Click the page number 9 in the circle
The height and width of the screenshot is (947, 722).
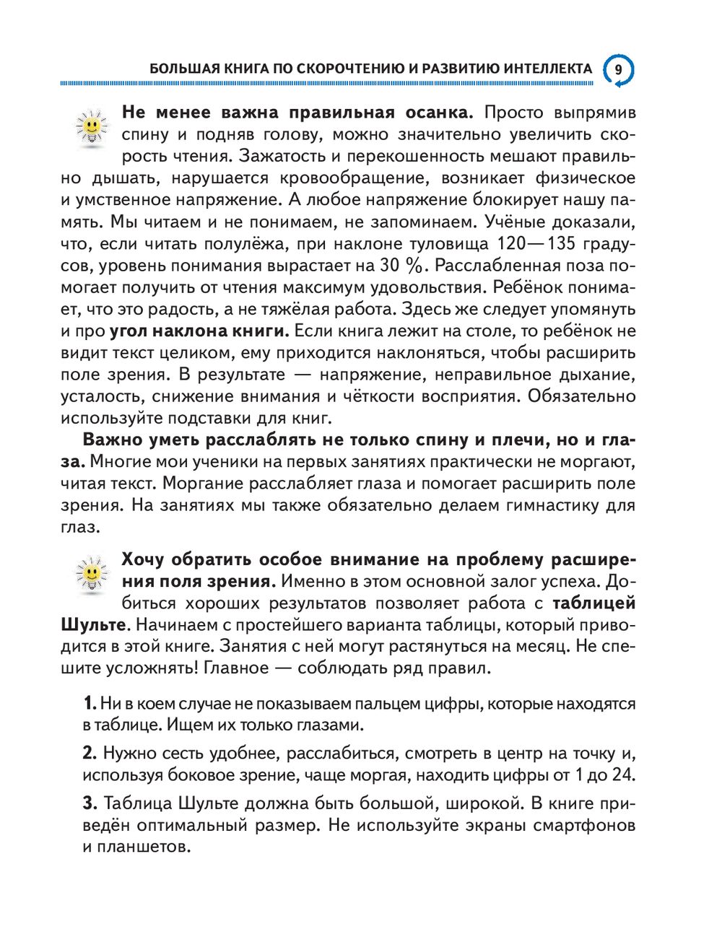point(618,70)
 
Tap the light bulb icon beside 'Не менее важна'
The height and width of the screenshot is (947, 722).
point(91,128)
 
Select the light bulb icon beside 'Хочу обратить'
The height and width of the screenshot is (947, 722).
point(91,575)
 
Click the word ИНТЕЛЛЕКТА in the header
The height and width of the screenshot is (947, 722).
point(547,69)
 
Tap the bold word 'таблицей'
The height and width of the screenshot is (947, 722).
point(594,603)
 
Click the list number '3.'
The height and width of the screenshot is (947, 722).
point(90,803)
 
